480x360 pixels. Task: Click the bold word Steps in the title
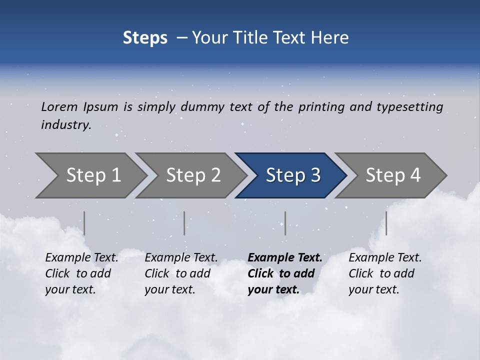click(x=145, y=38)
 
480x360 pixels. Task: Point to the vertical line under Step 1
click(x=84, y=223)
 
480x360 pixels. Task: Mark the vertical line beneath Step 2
click(x=184, y=223)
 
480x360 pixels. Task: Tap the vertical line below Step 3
click(x=285, y=223)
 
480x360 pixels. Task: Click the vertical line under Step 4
click(x=386, y=223)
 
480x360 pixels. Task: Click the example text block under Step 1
click(x=81, y=273)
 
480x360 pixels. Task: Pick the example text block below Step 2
click(x=181, y=273)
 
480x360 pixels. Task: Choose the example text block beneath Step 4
click(x=385, y=273)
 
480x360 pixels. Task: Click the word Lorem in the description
click(x=59, y=107)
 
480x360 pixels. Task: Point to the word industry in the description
click(x=65, y=125)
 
